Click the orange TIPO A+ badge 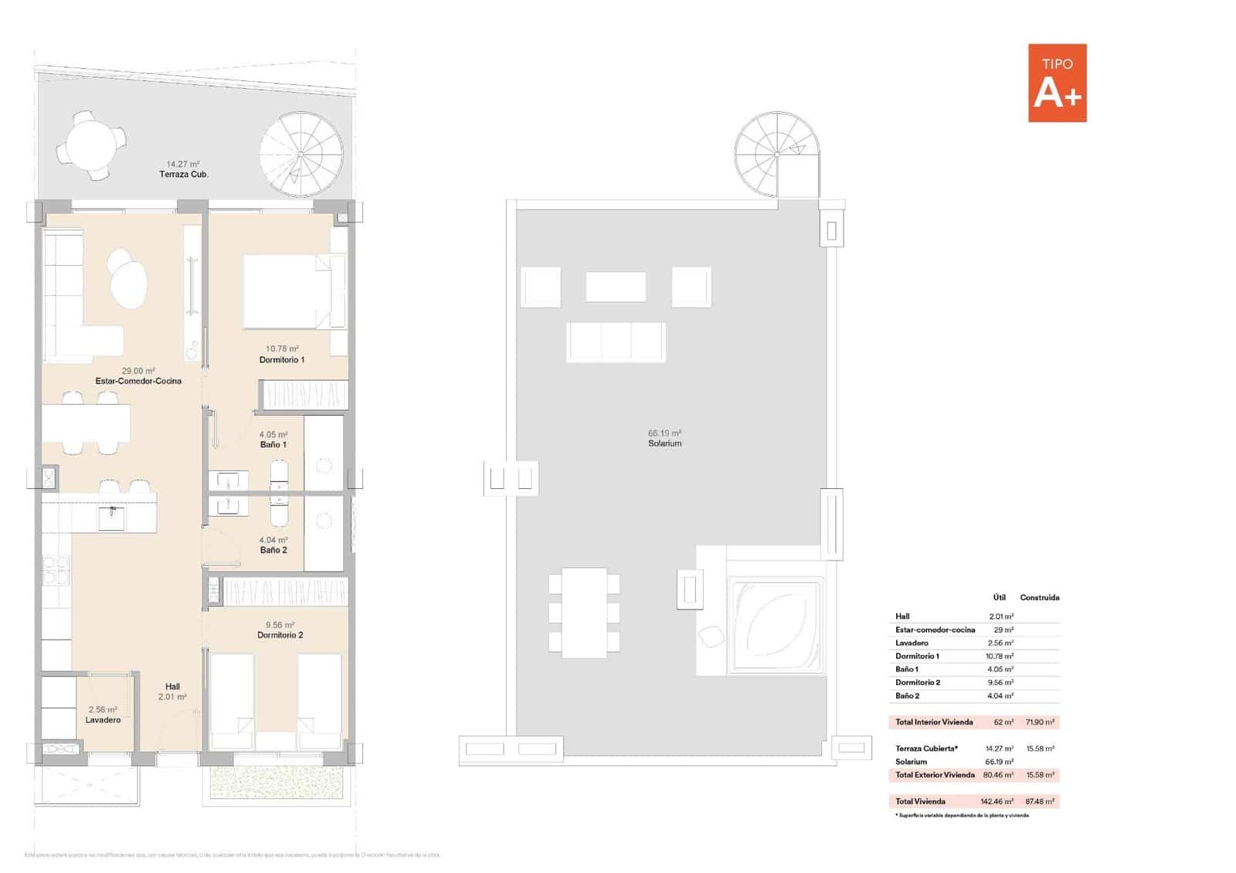(x=1057, y=83)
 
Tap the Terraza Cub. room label (x=184, y=174)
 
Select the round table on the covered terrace (x=95, y=144)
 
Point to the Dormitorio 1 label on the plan (x=281, y=360)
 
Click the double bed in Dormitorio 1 (x=293, y=292)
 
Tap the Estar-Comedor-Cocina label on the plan (x=138, y=381)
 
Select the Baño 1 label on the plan (x=273, y=445)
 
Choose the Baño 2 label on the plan (x=273, y=550)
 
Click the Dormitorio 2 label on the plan (x=280, y=635)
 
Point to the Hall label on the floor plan (x=172, y=686)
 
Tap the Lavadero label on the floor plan (x=103, y=720)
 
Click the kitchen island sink (x=111, y=518)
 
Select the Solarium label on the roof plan (x=664, y=443)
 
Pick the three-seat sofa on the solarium (x=616, y=341)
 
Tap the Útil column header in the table (x=999, y=597)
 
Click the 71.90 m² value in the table (x=1039, y=722)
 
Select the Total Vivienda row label (x=920, y=801)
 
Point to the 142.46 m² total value (x=997, y=801)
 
